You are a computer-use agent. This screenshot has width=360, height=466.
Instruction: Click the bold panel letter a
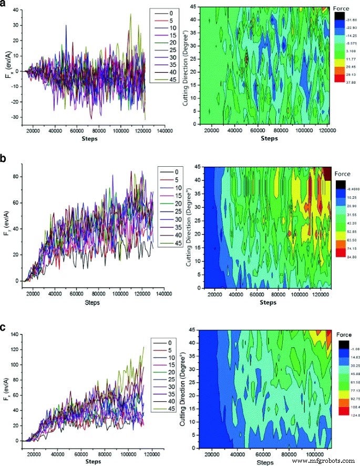click(4, 5)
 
